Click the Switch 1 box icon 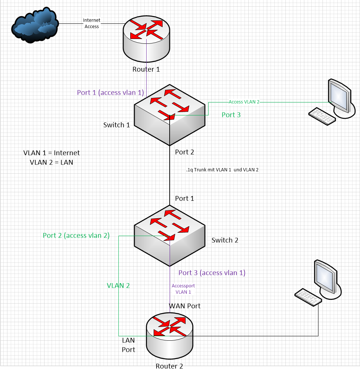coord(169,115)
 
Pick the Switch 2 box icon coord(169,236)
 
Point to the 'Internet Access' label coord(91,23)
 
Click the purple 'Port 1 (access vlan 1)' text coord(110,92)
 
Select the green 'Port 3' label coord(231,115)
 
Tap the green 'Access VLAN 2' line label coord(244,102)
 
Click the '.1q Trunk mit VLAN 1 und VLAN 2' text coord(222,170)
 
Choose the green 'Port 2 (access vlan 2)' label coord(76,235)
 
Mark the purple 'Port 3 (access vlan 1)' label coord(212,273)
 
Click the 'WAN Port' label coord(185,306)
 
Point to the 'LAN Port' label coord(128,345)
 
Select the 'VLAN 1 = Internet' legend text coord(52,153)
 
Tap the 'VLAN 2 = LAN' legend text coord(52,162)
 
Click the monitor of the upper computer coord(339,95)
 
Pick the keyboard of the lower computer coord(308,297)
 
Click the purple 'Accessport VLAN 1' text coord(183,289)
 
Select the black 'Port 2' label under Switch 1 coord(184,152)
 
